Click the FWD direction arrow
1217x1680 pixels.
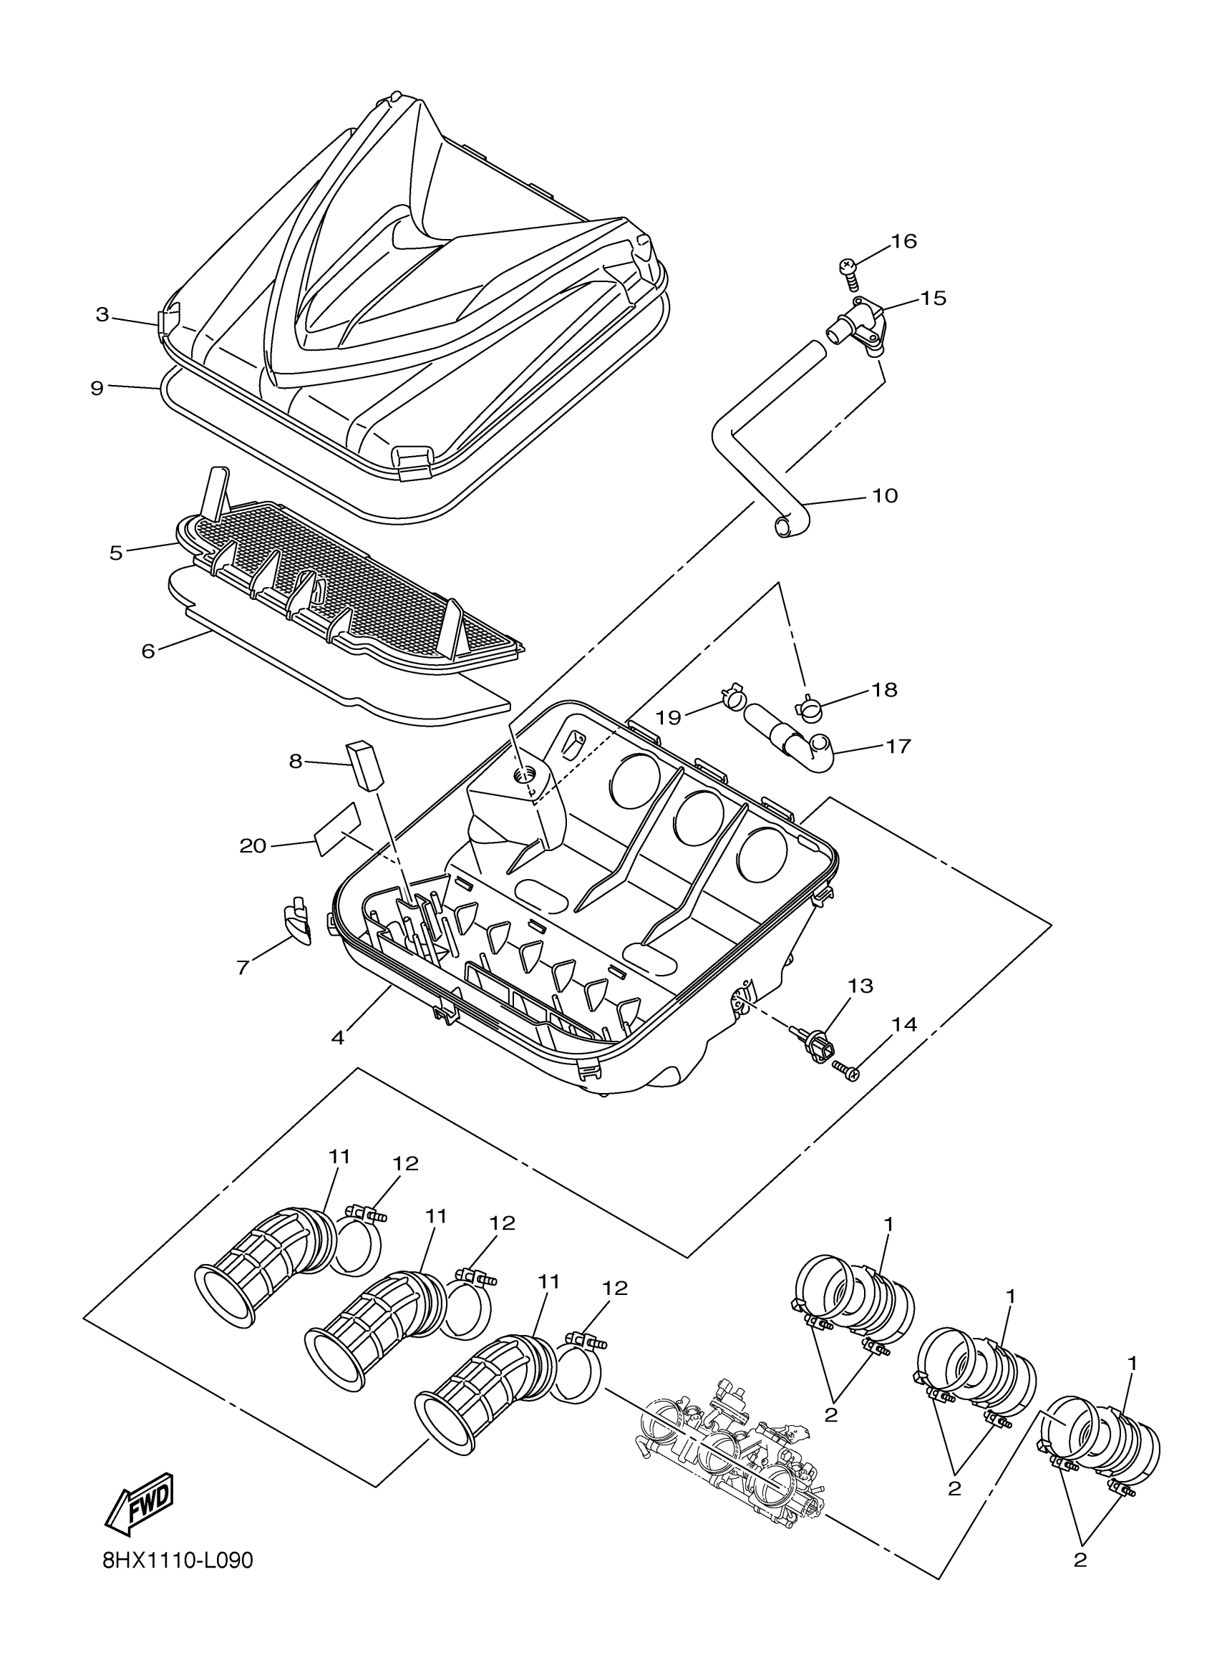(140, 1500)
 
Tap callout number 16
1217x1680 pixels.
(903, 241)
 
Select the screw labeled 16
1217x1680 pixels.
(848, 271)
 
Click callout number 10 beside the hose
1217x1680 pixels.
(884, 495)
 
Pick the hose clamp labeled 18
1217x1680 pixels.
(809, 707)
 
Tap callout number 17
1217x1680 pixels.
(898, 745)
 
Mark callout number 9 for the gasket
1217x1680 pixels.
(97, 387)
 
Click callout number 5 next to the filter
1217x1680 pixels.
(115, 553)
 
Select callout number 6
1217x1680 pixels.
(148, 651)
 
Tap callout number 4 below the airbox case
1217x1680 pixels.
(338, 1037)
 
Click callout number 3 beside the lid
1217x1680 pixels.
(102, 314)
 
